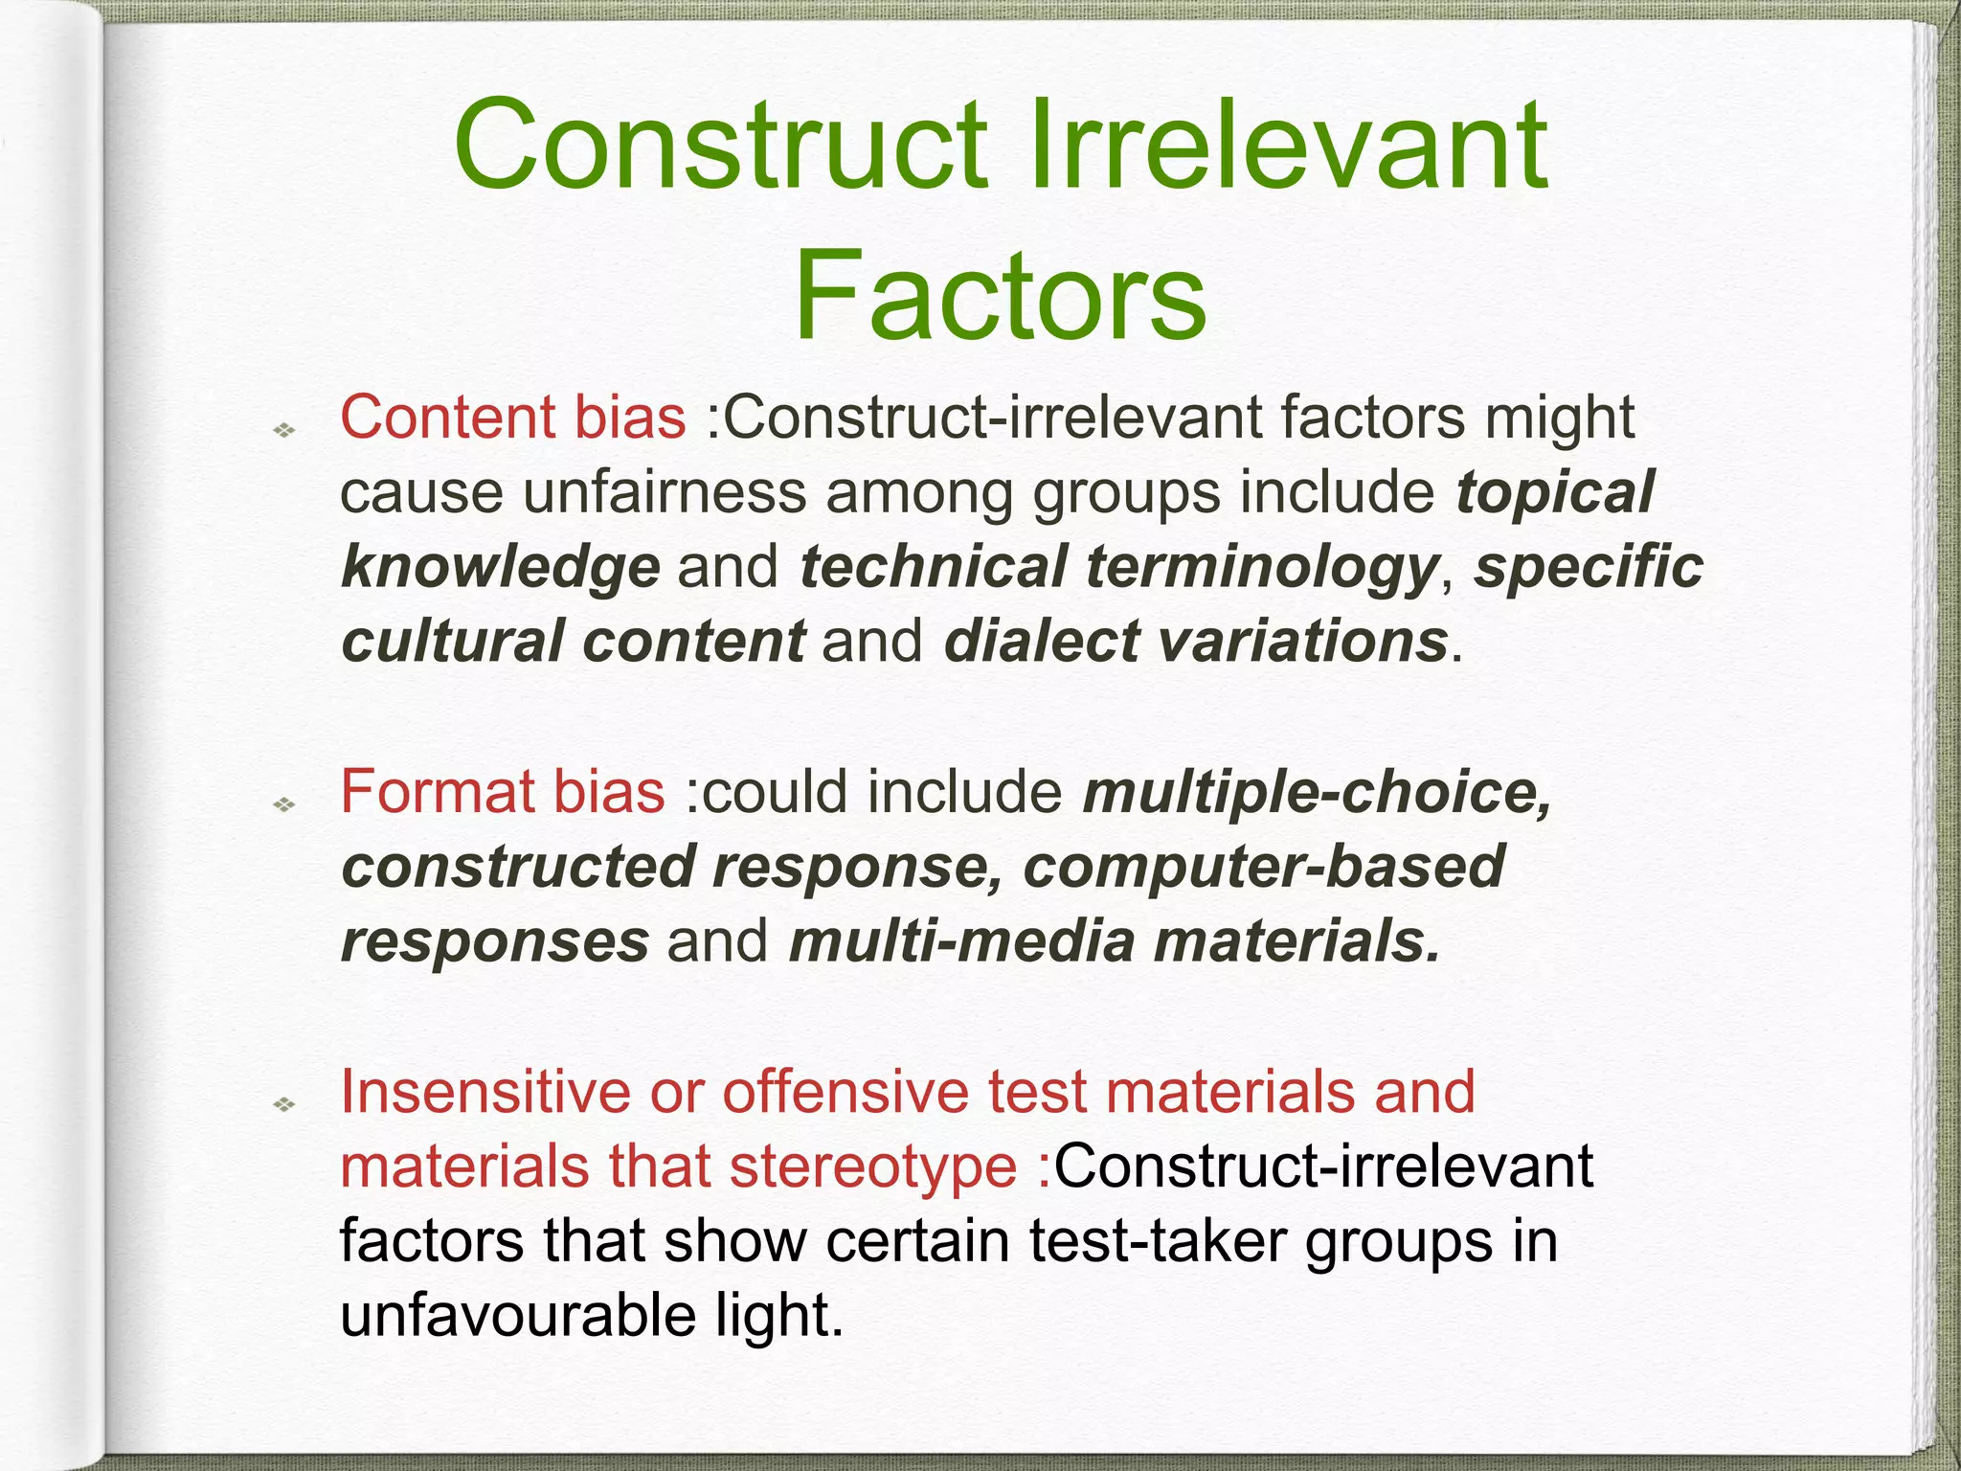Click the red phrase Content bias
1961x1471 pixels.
coord(513,418)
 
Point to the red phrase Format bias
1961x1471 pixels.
coord(503,793)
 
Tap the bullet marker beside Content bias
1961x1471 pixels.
coord(283,431)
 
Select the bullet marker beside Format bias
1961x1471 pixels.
coord(283,805)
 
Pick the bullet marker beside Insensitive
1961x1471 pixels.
coord(283,1105)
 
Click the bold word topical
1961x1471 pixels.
coord(1555,492)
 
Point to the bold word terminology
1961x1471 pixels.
coord(1262,567)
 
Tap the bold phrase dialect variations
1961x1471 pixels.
coord(1195,642)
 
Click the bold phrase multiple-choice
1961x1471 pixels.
coord(1317,793)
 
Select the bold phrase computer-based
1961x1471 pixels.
coord(1264,868)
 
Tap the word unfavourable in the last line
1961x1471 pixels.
coord(518,1316)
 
